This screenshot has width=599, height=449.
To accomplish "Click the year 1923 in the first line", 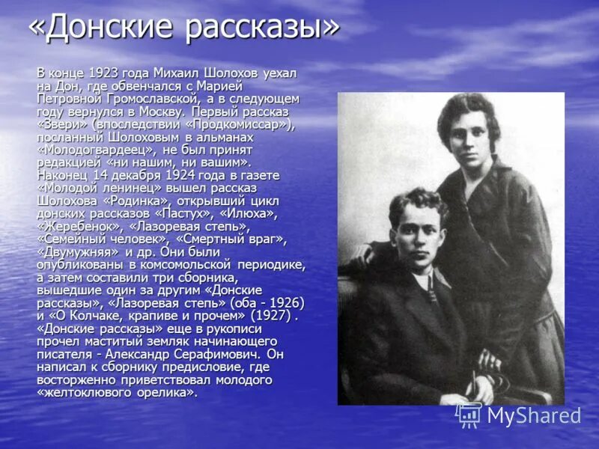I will click(105, 73).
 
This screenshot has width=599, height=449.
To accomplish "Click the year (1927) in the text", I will click(266, 315).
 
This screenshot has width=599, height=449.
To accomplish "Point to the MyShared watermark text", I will click(533, 416).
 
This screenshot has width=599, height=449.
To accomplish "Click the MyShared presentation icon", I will click(469, 415).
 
